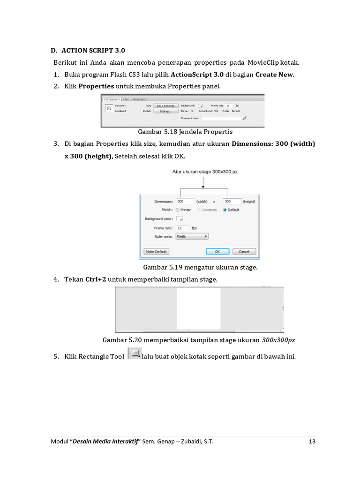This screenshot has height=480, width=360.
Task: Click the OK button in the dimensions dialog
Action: [x=217, y=251]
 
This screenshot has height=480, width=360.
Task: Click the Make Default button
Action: [x=157, y=251]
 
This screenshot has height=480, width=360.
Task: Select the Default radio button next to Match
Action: [x=225, y=210]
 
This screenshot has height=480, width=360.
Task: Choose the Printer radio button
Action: [x=178, y=210]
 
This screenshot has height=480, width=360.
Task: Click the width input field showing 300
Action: [x=185, y=201]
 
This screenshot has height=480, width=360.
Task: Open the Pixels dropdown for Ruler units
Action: [x=192, y=237]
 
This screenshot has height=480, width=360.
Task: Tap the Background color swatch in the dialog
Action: [x=179, y=219]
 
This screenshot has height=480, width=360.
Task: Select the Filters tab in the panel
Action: [x=126, y=99]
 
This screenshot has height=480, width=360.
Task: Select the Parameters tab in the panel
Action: [x=139, y=99]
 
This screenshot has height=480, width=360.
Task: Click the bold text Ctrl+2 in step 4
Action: [x=96, y=279]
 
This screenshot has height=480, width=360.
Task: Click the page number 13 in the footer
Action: [x=312, y=441]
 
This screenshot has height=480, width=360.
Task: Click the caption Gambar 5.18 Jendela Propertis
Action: [x=185, y=132]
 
